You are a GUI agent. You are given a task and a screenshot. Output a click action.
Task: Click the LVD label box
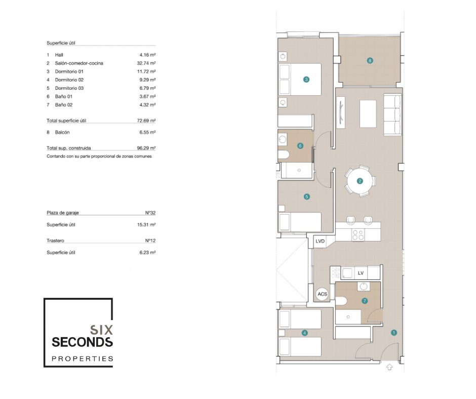coord(320,242)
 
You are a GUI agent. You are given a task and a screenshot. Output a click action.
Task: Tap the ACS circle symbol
coord(322,294)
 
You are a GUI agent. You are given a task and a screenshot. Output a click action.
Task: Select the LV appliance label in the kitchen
coord(361,273)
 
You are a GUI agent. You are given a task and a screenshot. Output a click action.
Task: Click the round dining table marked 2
coord(360,181)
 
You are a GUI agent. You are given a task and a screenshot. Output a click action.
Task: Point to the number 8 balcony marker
coord(370,61)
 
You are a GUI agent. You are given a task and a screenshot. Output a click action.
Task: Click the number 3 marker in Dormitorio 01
coord(306,79)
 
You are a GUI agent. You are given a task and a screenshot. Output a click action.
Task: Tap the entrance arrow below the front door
coord(390,367)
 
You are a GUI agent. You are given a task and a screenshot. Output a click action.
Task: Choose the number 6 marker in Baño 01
coord(300,146)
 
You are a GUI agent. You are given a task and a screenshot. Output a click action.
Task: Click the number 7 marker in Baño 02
coord(365,301)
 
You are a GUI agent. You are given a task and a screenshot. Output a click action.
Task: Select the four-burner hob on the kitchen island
coord(358,235)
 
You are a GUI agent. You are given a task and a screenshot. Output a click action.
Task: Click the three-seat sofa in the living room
coord(392,114)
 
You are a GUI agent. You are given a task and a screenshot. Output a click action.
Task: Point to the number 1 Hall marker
coord(394,333)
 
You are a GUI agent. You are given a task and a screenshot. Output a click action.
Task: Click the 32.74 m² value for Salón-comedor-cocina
coord(146,63)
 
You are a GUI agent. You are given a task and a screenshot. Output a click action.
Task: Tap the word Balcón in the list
coord(62,132)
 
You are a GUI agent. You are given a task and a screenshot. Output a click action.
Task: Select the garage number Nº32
coord(150,213)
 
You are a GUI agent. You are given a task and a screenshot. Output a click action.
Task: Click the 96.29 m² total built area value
coord(146,148)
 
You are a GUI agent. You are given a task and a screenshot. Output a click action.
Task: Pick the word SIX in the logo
coord(101,330)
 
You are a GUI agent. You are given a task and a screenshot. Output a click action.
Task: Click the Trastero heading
coord(55,241)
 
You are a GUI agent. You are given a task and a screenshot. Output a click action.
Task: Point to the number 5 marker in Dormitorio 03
coord(306,197)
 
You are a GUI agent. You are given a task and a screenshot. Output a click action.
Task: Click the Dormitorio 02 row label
coord(69,80)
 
